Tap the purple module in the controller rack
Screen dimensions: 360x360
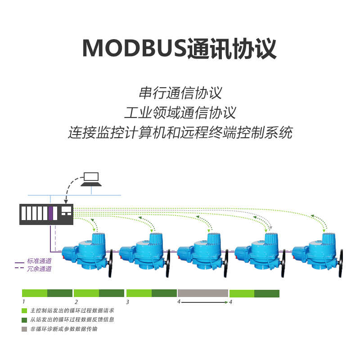[x=51, y=213]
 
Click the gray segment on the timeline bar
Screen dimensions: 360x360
[x=203, y=293]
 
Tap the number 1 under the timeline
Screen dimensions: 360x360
[x=23, y=302]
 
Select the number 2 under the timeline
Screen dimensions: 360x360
[x=76, y=302]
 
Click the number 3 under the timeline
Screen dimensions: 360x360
[x=128, y=302]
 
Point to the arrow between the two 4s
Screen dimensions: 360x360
[x=205, y=302]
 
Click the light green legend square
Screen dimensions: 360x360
[x=24, y=310]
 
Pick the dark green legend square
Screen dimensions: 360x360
[x=24, y=319]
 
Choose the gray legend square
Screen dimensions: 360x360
[x=24, y=329]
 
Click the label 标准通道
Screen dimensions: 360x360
[x=39, y=261]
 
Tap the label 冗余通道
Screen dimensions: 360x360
[x=39, y=269]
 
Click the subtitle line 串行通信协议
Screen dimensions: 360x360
[x=180, y=93]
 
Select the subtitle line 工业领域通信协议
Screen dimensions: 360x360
[x=180, y=112]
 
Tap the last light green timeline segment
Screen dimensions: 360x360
[x=242, y=293]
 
